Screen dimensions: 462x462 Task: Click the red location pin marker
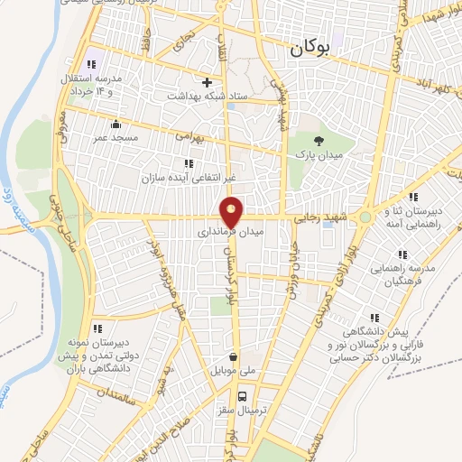232,212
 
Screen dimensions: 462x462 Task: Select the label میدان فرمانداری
232,232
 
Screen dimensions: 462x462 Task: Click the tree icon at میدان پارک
319,139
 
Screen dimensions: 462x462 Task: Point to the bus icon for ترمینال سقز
241,395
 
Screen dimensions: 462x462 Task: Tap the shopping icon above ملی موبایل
234,356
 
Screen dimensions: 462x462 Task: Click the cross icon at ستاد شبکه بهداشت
207,81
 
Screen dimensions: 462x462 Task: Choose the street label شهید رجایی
321,217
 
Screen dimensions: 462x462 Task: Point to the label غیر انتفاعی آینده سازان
187,177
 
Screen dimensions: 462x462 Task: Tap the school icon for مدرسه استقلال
90,64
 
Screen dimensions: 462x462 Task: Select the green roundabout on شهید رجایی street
365,217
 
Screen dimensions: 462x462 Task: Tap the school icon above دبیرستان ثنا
412,197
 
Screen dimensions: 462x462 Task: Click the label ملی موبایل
233,371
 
